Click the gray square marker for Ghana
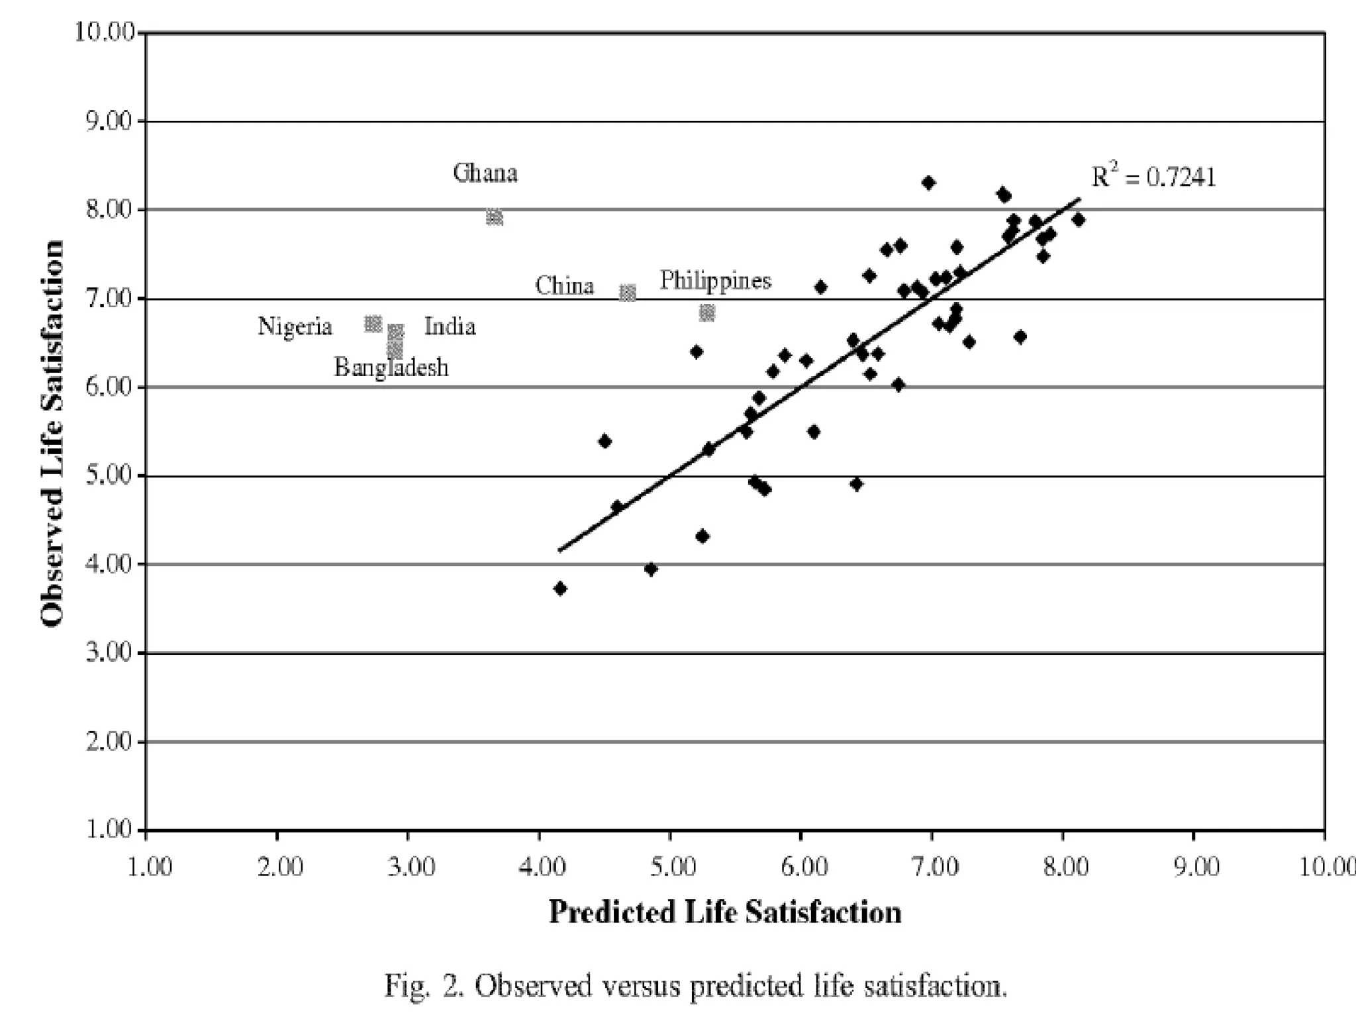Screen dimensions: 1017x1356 point(495,217)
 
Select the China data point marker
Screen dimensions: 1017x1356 point(628,293)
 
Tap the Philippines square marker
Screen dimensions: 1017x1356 point(707,313)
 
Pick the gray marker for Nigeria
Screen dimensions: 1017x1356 point(373,324)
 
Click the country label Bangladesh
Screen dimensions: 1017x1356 point(391,367)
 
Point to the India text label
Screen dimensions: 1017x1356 point(450,326)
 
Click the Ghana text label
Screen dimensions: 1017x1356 point(485,173)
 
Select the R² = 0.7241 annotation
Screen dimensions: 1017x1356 point(1153,177)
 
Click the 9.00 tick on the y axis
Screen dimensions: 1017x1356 point(110,122)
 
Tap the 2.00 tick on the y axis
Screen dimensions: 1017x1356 point(110,742)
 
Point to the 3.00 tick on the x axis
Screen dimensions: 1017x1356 point(411,867)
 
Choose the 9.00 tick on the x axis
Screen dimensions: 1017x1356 point(1196,867)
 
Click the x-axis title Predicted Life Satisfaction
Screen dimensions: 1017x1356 point(725,912)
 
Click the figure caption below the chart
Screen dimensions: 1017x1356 point(695,986)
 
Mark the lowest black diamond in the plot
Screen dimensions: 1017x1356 point(560,588)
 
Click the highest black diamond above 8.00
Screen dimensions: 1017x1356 point(928,182)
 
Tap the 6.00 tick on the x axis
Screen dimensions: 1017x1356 point(804,867)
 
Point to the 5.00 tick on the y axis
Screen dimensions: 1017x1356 point(110,476)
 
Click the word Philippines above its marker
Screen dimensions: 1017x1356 point(715,281)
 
